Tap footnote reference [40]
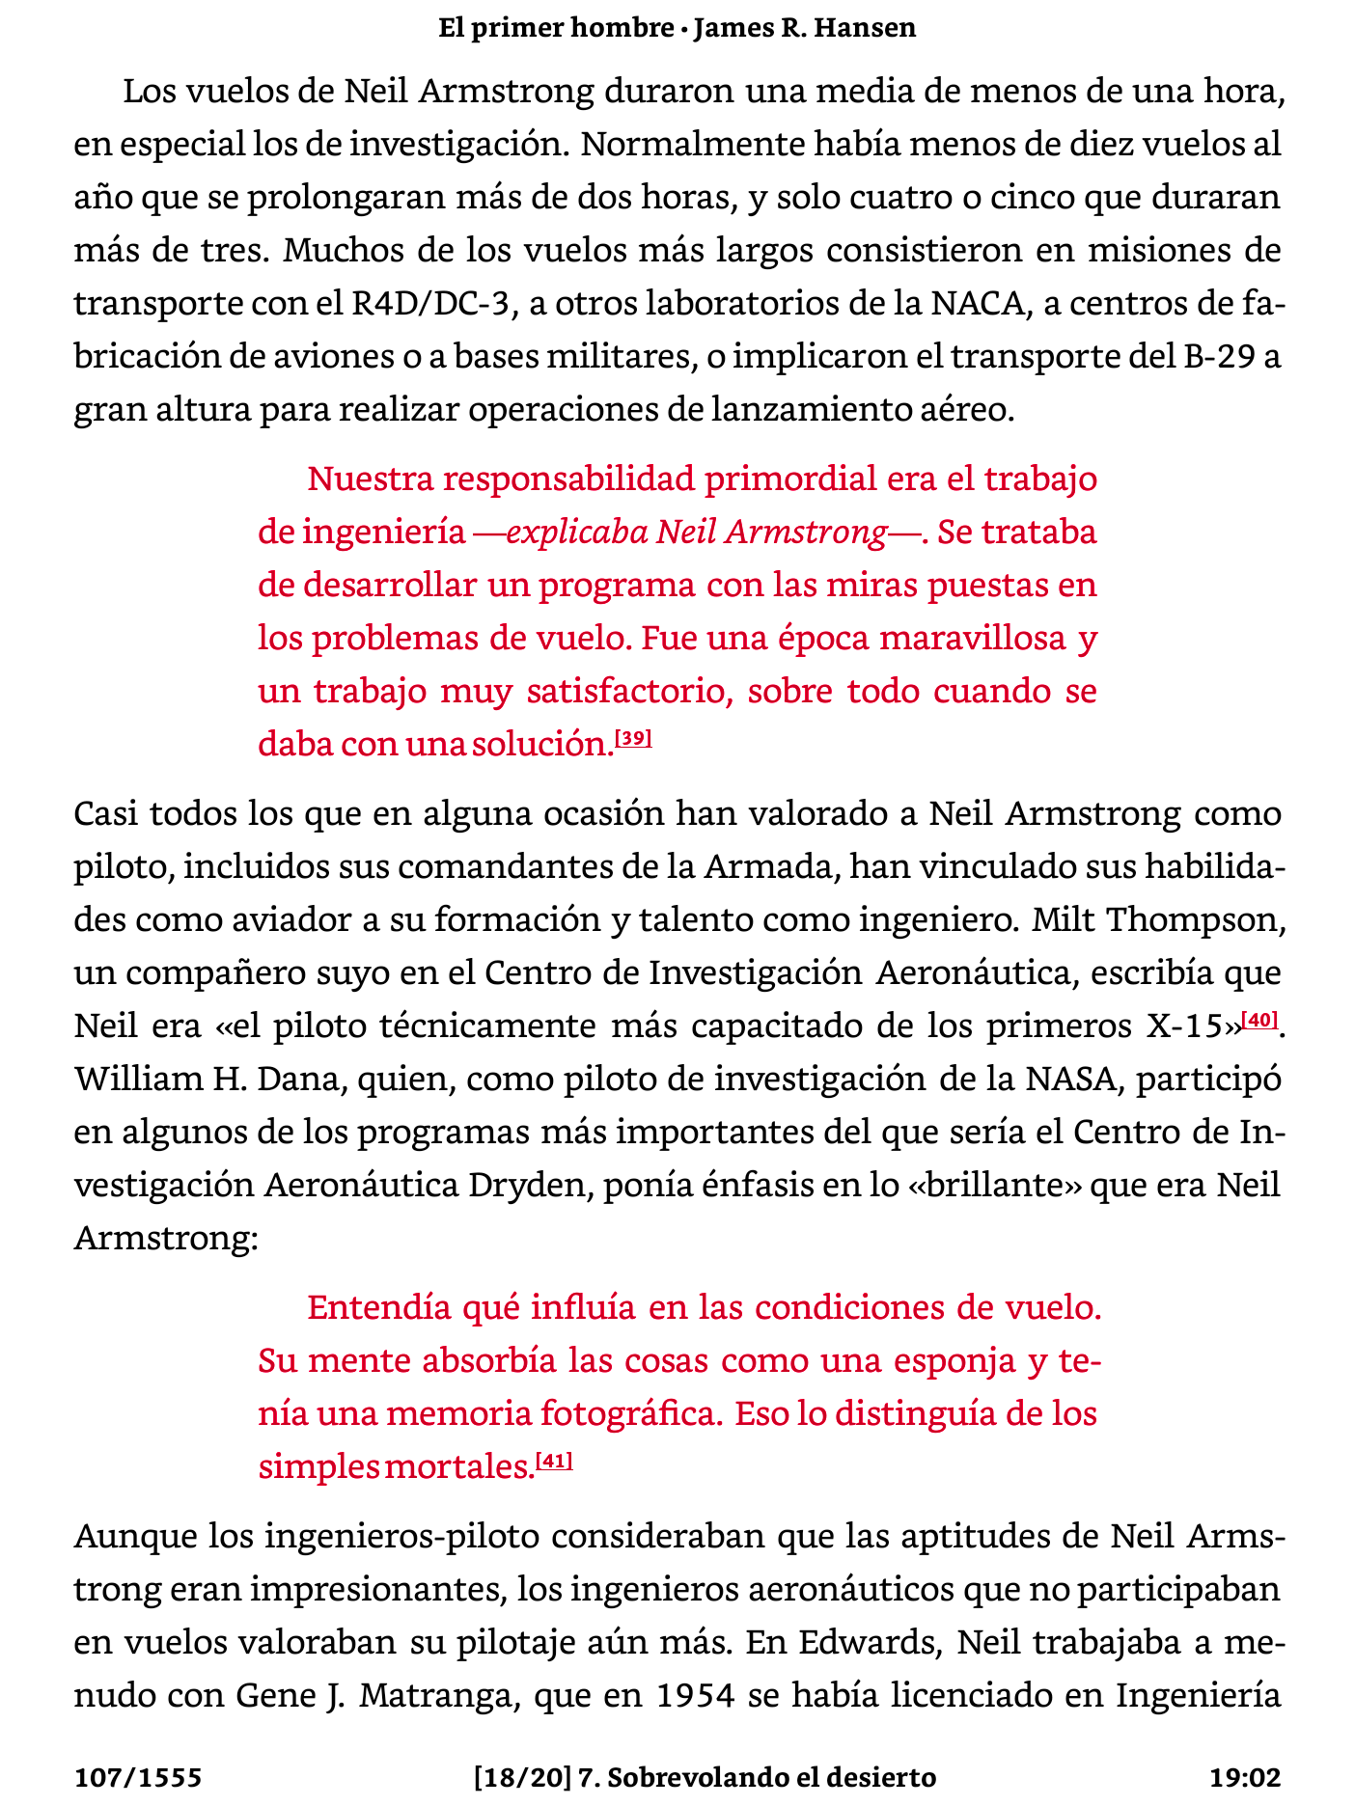[x=1260, y=1021]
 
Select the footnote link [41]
[x=554, y=1462]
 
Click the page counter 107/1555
[x=138, y=1777]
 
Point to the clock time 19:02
[x=1245, y=1777]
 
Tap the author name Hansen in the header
[x=865, y=28]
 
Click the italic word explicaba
[x=576, y=532]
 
